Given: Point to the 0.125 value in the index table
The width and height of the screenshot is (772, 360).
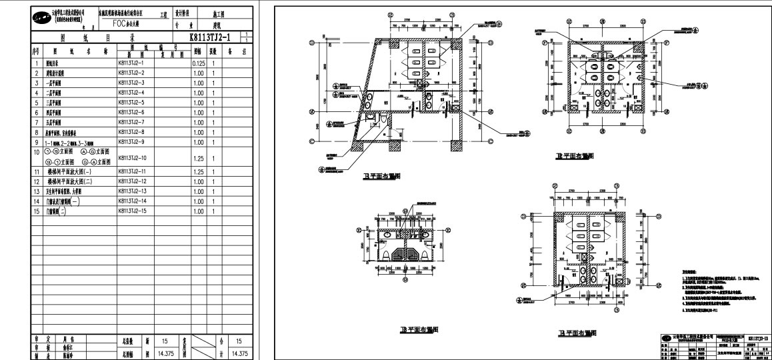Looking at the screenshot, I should point(198,63).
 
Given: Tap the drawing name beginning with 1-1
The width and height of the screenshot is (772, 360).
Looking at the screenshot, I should point(74,143).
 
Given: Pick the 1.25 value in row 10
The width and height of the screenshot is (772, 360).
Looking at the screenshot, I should point(198,158).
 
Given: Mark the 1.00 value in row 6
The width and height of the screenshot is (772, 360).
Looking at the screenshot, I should point(198,113).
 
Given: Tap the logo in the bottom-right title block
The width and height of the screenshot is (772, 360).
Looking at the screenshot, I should point(667,339).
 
